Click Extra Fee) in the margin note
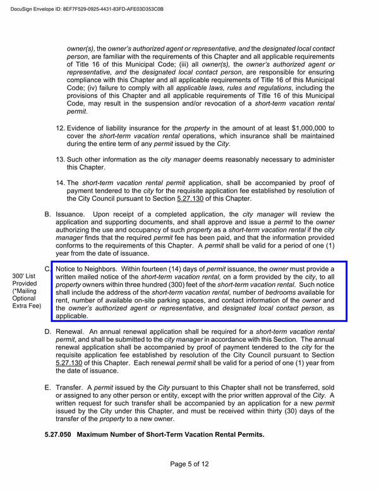tap(27, 306)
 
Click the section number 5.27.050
tap(61, 435)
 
